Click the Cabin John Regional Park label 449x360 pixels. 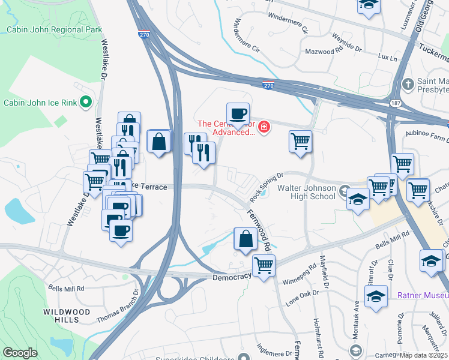click(x=55, y=29)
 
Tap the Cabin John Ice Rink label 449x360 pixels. click(x=40, y=103)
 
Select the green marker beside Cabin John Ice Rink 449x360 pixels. click(x=85, y=102)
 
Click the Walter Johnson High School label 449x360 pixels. click(x=306, y=192)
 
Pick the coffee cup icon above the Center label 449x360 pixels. click(x=238, y=113)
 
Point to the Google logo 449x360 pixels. click(x=20, y=353)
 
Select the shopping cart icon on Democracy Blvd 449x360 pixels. click(x=264, y=265)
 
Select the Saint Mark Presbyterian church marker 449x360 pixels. click(x=408, y=83)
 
